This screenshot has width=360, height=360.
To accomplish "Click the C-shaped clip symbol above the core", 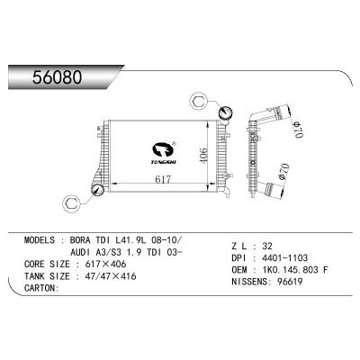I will pos(200,101).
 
